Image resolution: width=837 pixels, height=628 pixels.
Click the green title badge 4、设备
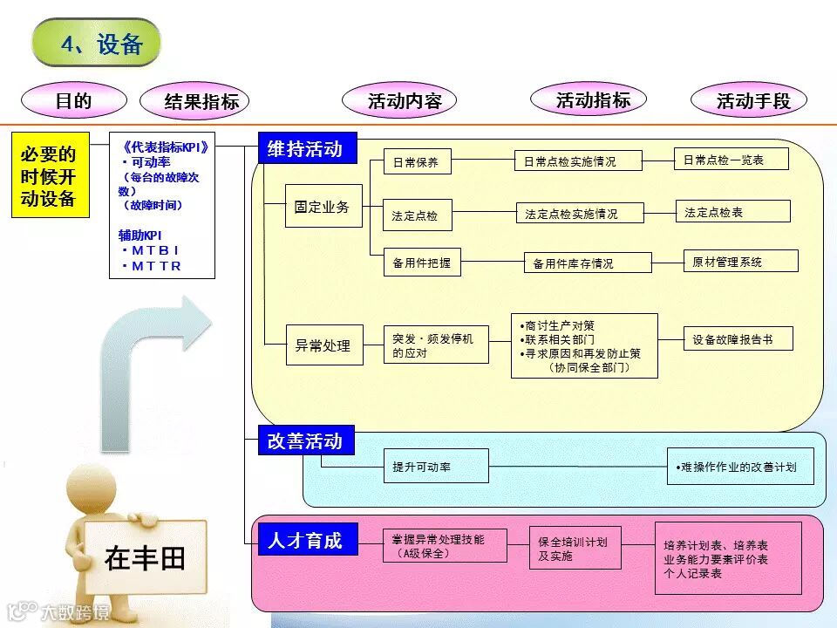pyautogui.click(x=97, y=43)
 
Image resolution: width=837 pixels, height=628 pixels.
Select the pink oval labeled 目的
pyautogui.click(x=73, y=100)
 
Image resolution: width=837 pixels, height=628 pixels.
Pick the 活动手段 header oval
pyautogui.click(x=752, y=100)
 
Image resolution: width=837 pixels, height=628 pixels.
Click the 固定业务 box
pyautogui.click(x=323, y=207)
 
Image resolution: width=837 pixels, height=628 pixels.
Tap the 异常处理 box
pyautogui.click(x=323, y=345)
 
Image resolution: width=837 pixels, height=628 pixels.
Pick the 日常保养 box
pyautogui.click(x=417, y=163)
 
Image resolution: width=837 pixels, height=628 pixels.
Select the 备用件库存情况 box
pyautogui.click(x=587, y=263)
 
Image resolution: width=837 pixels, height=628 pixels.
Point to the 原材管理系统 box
pyautogui.click(x=740, y=261)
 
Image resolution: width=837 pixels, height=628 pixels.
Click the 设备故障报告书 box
pyautogui.click(x=738, y=339)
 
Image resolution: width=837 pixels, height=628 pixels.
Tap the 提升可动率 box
pyautogui.click(x=436, y=467)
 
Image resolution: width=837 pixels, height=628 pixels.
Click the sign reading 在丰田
pyautogui.click(x=146, y=557)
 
